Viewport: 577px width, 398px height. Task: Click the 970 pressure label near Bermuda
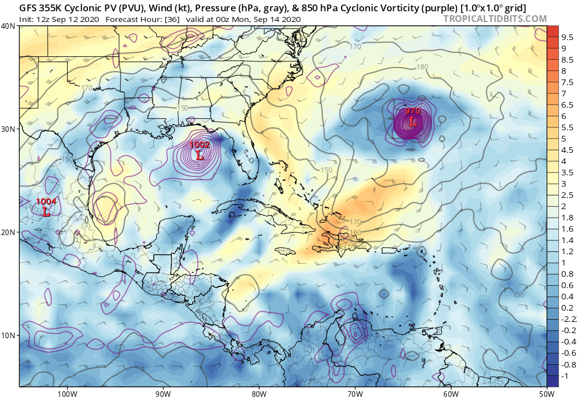[x=412, y=112]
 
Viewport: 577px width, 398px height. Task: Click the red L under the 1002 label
[x=199, y=156]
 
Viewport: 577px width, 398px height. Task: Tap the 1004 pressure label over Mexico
[x=46, y=202]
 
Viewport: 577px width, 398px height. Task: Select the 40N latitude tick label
[x=8, y=26]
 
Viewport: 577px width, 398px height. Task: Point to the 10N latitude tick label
[x=8, y=335]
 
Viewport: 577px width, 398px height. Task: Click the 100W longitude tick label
[x=66, y=393]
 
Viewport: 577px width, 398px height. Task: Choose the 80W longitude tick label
[x=259, y=393]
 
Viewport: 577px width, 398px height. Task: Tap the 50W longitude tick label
[x=546, y=393]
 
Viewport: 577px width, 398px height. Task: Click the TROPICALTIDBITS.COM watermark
[x=495, y=19]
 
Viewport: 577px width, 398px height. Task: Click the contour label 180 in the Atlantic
[x=422, y=67]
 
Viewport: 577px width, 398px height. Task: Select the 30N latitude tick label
[x=8, y=129]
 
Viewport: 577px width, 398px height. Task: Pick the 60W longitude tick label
[x=451, y=393]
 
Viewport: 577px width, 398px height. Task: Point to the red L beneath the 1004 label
[x=46, y=212]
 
